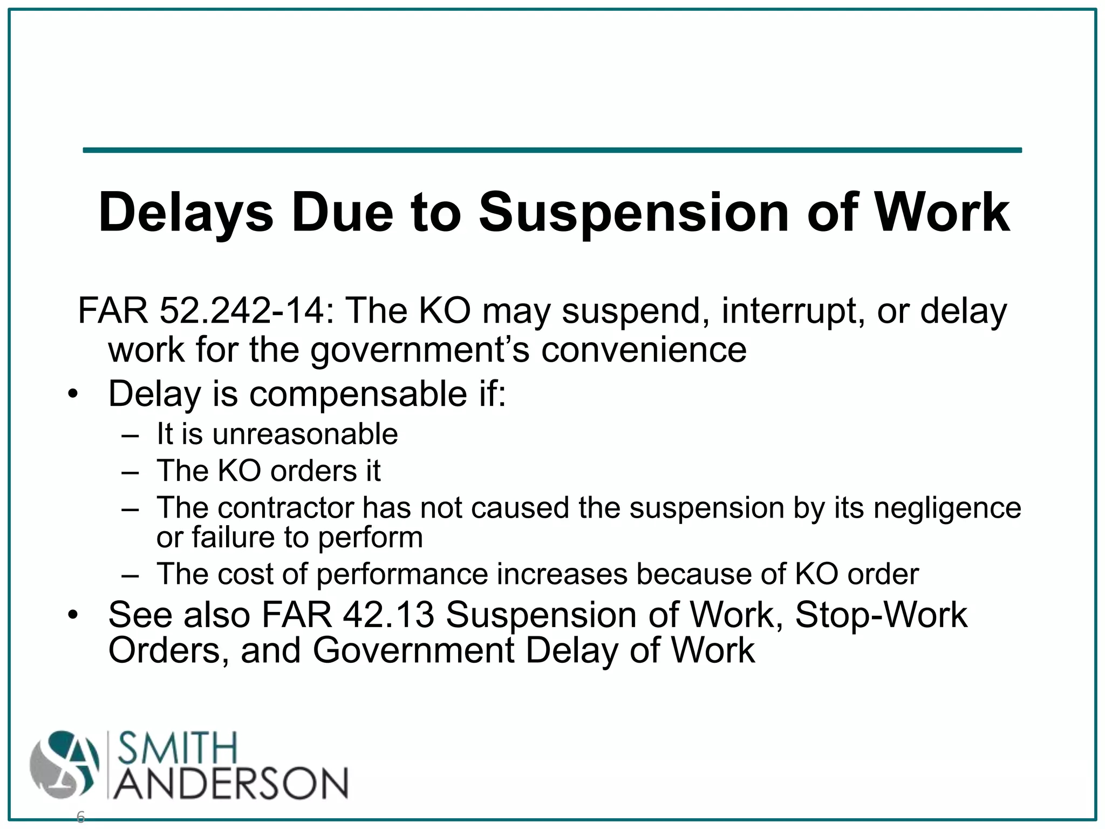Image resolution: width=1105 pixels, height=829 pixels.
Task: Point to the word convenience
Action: coord(644,350)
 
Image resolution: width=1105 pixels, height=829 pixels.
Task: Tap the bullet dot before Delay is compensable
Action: coord(74,395)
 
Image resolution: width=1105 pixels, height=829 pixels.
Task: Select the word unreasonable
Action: coord(305,434)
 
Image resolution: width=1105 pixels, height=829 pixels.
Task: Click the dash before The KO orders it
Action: coord(131,472)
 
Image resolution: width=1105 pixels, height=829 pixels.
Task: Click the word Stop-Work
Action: coord(881,615)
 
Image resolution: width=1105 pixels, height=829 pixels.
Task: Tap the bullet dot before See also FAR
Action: coord(74,616)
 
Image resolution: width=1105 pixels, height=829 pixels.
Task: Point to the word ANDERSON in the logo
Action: coord(231,783)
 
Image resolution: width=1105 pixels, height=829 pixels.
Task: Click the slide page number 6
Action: coord(80,817)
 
